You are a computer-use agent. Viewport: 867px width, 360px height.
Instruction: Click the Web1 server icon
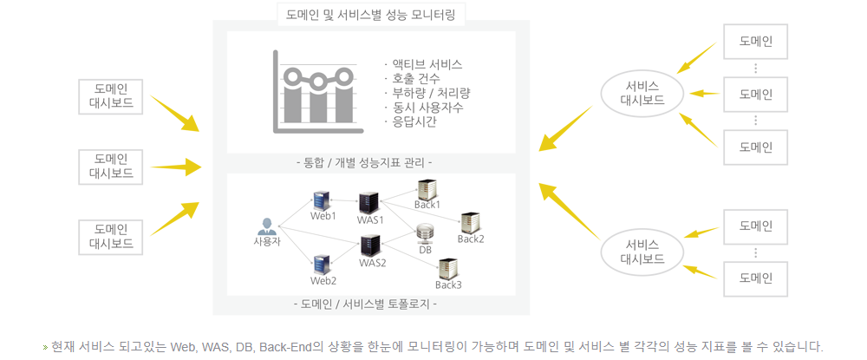pos(322,200)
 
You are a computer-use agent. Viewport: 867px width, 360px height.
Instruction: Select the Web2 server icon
pos(322,265)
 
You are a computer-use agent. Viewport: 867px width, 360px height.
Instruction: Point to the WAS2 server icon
pos(370,246)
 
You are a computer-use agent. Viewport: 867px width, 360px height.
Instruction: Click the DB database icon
pos(425,233)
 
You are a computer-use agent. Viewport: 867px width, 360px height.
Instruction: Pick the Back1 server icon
pos(427,190)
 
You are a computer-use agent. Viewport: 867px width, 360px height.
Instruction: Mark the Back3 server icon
pos(448,269)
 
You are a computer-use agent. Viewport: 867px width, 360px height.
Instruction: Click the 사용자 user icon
pos(267,226)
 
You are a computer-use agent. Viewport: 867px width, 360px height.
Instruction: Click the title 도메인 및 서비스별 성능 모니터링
pos(370,15)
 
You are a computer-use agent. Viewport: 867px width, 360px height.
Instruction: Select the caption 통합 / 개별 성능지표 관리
pos(364,163)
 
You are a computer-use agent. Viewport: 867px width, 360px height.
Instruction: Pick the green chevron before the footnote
pos(45,348)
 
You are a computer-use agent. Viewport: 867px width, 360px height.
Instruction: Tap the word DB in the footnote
pos(244,347)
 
